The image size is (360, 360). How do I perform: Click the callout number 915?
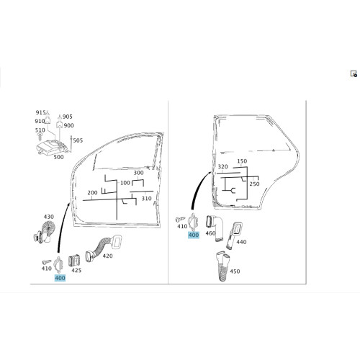pyautogui.click(x=40, y=112)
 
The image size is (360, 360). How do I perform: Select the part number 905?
pyautogui.click(x=68, y=117)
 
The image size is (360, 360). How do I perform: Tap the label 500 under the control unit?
pyautogui.click(x=58, y=157)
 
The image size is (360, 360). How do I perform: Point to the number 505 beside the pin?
pyautogui.click(x=78, y=140)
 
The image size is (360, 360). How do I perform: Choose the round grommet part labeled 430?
pyautogui.click(x=45, y=233)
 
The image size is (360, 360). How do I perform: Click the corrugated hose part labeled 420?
pyautogui.click(x=103, y=247)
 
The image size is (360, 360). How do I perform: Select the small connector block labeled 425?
pyautogui.click(x=73, y=261)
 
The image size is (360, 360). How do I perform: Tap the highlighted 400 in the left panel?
pyautogui.click(x=60, y=278)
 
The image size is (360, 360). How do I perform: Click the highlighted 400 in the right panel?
pyautogui.click(x=194, y=235)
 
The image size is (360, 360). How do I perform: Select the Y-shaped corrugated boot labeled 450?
pyautogui.click(x=223, y=266)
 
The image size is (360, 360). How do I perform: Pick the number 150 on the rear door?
pyautogui.click(x=242, y=161)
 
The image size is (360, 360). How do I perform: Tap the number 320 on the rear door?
pyautogui.click(x=222, y=167)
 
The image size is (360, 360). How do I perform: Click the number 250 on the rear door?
pyautogui.click(x=254, y=184)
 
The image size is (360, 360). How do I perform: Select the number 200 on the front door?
pyautogui.click(x=92, y=193)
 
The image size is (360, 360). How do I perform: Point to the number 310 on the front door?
pyautogui.click(x=146, y=199)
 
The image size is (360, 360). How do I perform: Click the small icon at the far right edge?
pyautogui.click(x=354, y=73)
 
